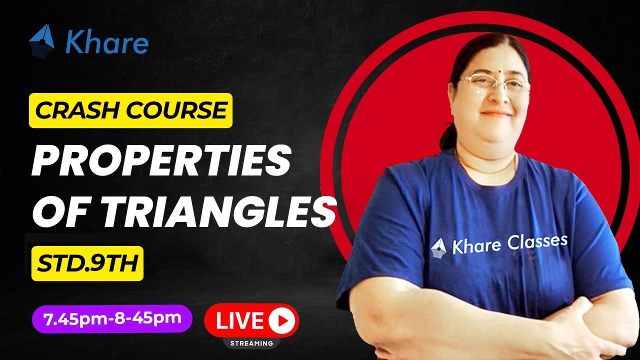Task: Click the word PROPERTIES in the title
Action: (x=161, y=161)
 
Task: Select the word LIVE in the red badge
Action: (x=239, y=320)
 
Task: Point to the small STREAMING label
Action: (x=251, y=343)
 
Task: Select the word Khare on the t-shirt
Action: (x=475, y=246)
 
